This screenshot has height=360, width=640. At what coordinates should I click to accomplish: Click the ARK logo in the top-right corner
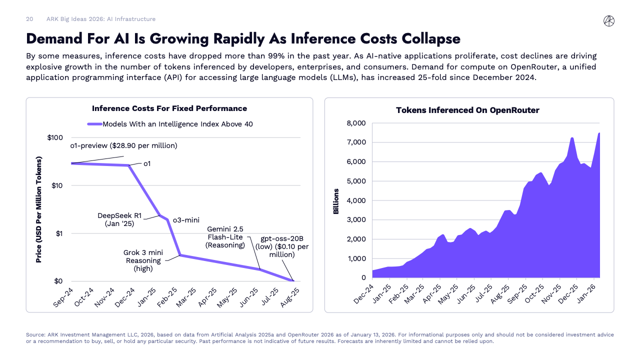pos(609,20)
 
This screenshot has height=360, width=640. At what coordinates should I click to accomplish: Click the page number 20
pos(29,19)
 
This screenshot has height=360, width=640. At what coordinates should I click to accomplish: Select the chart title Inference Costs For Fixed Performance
pos(169,108)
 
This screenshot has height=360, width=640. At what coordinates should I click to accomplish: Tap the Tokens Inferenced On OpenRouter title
pos(467,110)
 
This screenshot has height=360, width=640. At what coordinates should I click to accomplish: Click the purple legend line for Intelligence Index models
pos(95,124)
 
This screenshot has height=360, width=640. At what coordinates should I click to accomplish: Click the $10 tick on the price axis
pos(56,185)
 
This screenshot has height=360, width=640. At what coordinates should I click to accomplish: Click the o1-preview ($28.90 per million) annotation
pos(124,145)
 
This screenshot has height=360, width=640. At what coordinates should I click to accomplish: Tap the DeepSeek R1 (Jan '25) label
pos(119,219)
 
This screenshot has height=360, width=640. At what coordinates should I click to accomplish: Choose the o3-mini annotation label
pos(186,219)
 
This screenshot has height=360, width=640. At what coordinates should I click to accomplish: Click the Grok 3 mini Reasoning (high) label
pos(142,260)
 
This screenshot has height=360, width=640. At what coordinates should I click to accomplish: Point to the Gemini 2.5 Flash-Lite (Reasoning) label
pos(225,237)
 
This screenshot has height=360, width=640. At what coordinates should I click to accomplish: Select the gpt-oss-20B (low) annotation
pos(282,246)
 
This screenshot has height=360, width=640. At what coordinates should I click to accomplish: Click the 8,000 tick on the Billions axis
pos(356,123)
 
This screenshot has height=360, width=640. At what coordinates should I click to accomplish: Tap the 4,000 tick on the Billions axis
pos(356,200)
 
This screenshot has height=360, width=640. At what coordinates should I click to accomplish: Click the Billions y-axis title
pos(336,201)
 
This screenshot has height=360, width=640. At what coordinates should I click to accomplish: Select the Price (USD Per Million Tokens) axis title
pos(38,209)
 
